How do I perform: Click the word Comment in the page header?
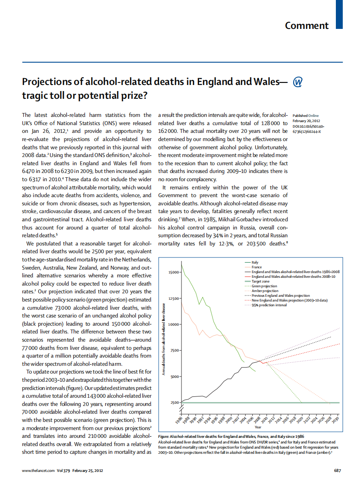307,25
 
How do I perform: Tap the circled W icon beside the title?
297,82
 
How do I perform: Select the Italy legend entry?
255,262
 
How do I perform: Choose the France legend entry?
257,267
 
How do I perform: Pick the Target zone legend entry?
260,281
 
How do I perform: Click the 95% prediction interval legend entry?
269,305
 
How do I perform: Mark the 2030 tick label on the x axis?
336,420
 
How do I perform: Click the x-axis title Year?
258,427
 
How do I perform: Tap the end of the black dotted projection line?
331,336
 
